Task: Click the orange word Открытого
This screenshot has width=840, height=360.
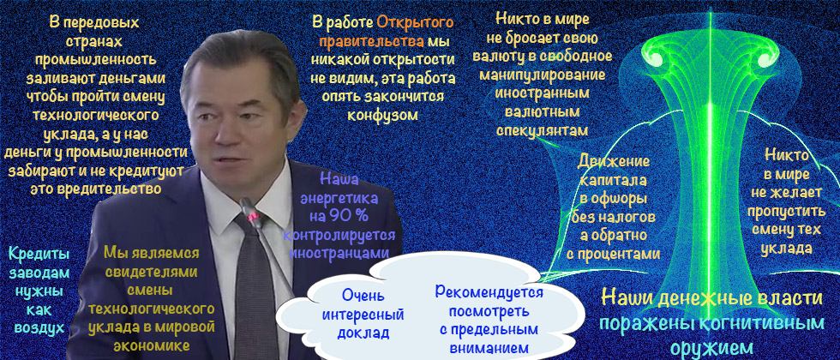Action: coord(415,22)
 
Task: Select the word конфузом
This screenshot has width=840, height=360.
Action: coord(382,115)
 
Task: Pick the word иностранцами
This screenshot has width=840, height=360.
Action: coord(339,252)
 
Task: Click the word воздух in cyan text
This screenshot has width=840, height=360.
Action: coord(39,327)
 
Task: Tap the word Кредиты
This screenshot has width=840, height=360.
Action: coord(39,254)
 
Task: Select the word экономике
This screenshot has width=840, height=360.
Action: coord(152,345)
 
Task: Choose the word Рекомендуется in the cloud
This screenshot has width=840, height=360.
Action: coord(489,292)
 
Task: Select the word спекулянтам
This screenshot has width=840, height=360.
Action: coord(542,130)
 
